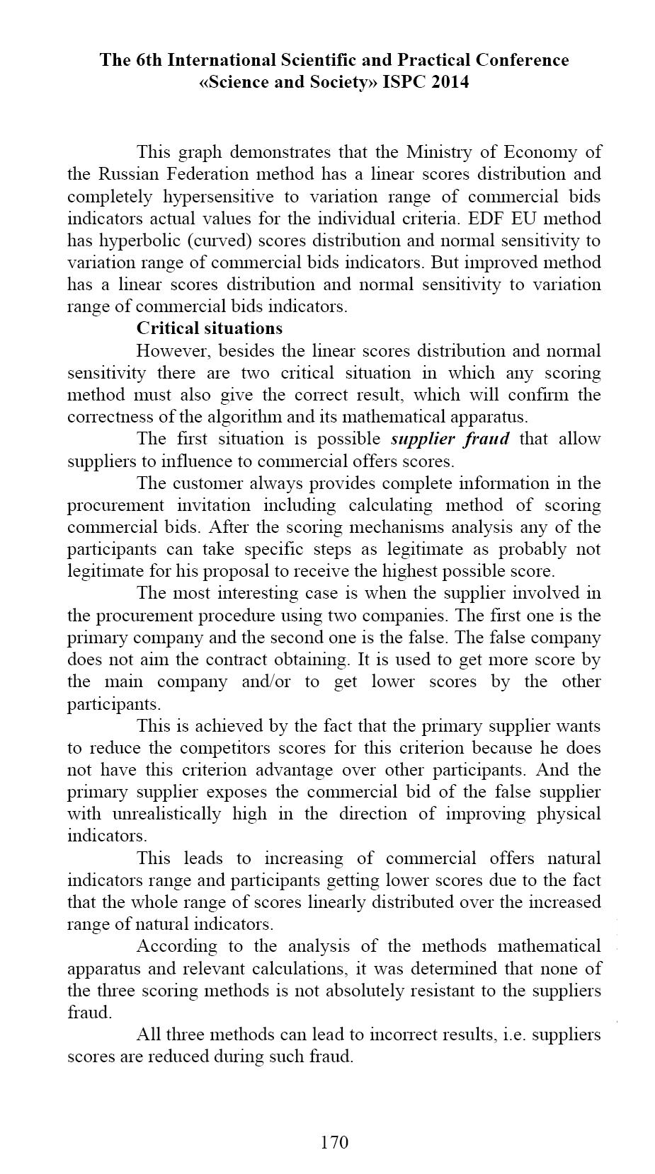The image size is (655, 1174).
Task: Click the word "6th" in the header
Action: point(151,60)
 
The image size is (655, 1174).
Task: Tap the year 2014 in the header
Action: point(446,82)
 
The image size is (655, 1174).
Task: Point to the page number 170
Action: point(334,1141)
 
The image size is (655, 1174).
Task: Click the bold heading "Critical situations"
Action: point(210,328)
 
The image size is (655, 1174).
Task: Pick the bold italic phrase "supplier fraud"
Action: point(450,439)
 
